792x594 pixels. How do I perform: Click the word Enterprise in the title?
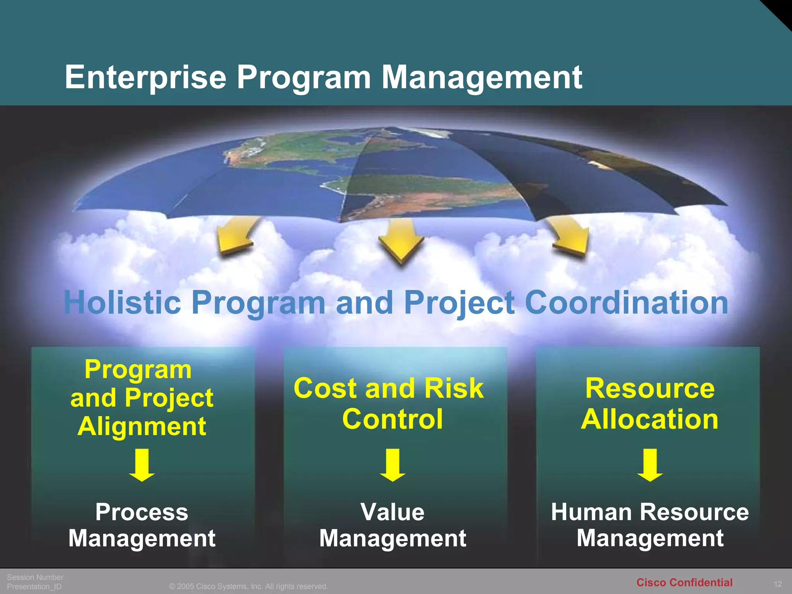point(145,77)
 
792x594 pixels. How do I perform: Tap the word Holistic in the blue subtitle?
point(122,302)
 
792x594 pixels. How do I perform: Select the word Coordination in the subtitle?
point(626,302)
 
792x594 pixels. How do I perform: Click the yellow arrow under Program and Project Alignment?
point(142,465)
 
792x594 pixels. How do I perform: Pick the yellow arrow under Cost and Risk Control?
point(393,465)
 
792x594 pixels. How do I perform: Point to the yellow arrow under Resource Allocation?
point(650,465)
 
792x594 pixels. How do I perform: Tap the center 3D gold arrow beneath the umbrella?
point(401,242)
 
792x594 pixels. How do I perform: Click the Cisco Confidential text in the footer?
point(684,582)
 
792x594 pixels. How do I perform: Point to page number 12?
point(778,584)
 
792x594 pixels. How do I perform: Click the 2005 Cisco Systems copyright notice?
point(248,587)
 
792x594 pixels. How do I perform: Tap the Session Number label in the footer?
point(35,577)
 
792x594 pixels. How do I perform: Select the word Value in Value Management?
point(393,512)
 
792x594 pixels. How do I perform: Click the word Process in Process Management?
point(142,512)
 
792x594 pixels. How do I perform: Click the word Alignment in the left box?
point(142,427)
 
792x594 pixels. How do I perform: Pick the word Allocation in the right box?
point(650,420)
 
